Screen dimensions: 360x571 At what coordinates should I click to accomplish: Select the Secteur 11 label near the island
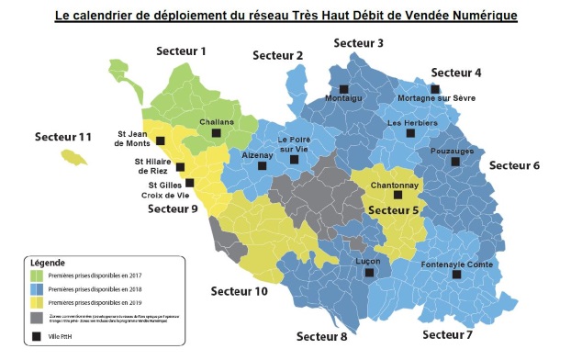63,137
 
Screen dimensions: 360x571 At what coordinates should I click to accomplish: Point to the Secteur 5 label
394,210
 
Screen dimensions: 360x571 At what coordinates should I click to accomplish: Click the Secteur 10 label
239,291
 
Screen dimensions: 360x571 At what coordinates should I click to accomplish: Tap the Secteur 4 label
456,72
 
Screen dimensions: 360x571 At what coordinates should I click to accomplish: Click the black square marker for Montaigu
343,89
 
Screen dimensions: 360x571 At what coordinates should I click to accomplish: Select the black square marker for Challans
217,133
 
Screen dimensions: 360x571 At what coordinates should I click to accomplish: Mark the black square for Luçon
370,273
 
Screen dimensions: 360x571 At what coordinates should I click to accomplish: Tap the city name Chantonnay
395,185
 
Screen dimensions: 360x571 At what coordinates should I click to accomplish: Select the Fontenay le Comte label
456,264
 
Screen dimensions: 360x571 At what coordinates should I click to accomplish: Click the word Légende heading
47,262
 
